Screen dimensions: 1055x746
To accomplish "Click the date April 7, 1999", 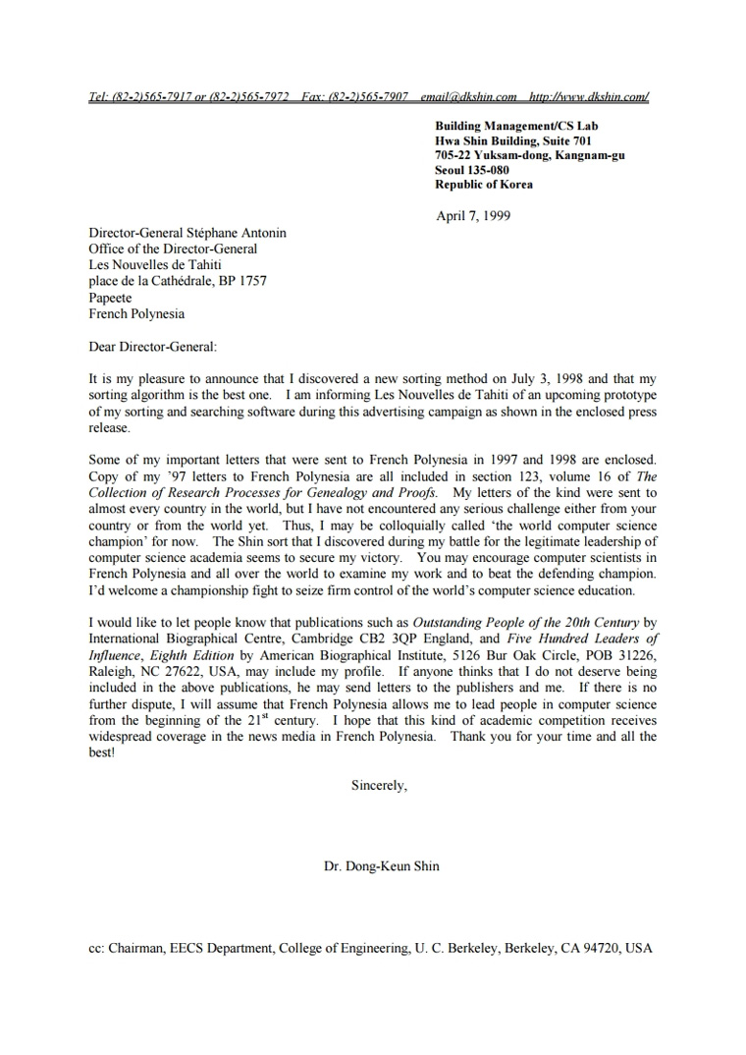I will coord(472,216).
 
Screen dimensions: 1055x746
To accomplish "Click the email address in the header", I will coord(468,97).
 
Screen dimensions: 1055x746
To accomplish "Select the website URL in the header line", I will coord(588,97).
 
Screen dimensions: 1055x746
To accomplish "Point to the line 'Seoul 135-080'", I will coord(472,170).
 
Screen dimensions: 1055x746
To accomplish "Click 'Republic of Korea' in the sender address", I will coord(484,185).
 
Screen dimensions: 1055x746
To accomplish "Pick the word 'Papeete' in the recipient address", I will coord(110,299).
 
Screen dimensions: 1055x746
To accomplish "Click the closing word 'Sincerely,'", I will coord(379,785).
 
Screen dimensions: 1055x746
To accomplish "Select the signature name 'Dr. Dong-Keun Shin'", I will coord(381,866).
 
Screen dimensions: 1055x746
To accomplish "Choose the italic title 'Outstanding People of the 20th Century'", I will coord(526,622).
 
